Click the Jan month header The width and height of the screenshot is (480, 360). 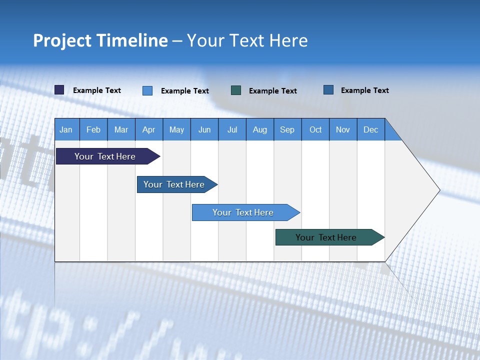66,129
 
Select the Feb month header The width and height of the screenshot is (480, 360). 93,129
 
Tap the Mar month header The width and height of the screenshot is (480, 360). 121,129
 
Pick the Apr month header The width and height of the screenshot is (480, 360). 148,129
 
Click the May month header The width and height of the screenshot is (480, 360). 176,129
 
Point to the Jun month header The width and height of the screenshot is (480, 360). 204,129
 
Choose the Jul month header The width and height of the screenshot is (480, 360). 232,129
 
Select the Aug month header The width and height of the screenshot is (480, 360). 260,129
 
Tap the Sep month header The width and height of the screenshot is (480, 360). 287,129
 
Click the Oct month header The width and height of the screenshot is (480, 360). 315,129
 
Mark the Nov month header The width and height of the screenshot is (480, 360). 343,129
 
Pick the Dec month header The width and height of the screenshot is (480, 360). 370,129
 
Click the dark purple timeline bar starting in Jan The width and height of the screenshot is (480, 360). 105,156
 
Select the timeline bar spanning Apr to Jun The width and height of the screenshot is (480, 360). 174,184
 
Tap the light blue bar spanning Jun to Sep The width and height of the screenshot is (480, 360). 243,212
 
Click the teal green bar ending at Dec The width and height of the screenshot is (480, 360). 326,237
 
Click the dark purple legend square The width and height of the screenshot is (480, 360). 59,90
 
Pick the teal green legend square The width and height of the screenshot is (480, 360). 236,90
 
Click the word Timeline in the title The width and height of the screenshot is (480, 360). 132,40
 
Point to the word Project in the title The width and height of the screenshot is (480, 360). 62,40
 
